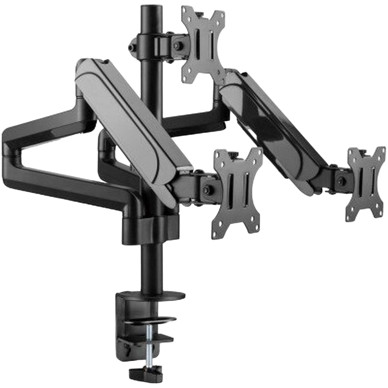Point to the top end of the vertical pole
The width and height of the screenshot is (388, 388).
click(148, 8)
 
